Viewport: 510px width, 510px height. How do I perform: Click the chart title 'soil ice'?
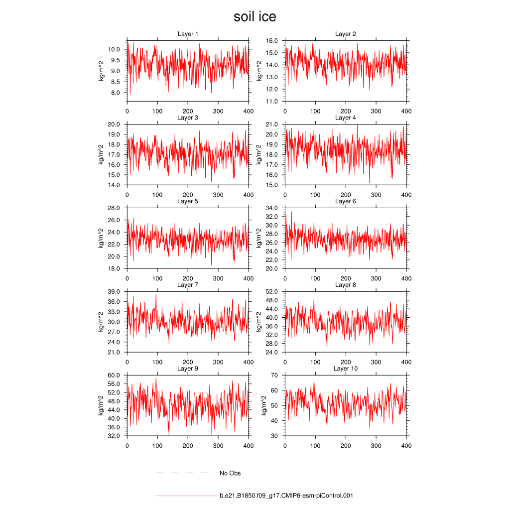255,17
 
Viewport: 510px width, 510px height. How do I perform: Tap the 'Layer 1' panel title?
188,34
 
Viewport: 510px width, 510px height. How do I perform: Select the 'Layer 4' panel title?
345,118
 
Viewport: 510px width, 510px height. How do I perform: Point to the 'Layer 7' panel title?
188,285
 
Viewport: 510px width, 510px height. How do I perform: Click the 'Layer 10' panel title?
345,369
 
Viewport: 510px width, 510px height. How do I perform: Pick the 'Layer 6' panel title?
345,201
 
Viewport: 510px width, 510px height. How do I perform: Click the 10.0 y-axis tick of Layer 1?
114,49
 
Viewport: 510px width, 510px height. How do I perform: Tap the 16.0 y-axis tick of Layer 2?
271,40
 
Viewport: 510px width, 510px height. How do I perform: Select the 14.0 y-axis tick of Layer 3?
114,185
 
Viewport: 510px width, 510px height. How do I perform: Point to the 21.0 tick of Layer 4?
271,124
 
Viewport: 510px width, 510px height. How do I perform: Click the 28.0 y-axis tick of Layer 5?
114,208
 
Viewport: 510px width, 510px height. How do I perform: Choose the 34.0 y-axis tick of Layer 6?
271,208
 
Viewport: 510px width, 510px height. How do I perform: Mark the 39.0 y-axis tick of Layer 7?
114,291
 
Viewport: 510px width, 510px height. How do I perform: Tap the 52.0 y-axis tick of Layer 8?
271,291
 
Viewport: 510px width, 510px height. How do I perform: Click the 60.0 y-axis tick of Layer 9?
114,375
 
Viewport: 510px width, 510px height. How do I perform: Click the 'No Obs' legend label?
230,473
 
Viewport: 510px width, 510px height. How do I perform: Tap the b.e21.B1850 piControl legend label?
286,496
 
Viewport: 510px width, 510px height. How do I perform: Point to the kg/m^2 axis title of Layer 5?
101,238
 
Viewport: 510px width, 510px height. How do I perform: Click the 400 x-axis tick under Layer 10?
406,446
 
